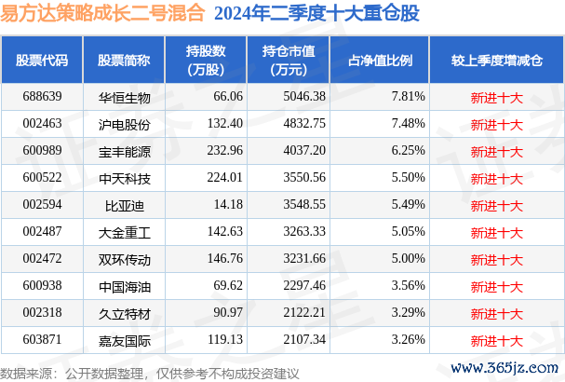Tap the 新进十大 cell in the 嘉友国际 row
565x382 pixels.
pyautogui.click(x=497, y=337)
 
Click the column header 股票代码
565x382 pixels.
pyautogui.click(x=42, y=61)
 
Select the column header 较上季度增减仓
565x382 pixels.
pyautogui.click(x=497, y=61)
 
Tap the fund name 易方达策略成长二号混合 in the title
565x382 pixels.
pyautogui.click(x=102, y=14)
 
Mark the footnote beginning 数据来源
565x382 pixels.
pyautogui.click(x=150, y=373)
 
